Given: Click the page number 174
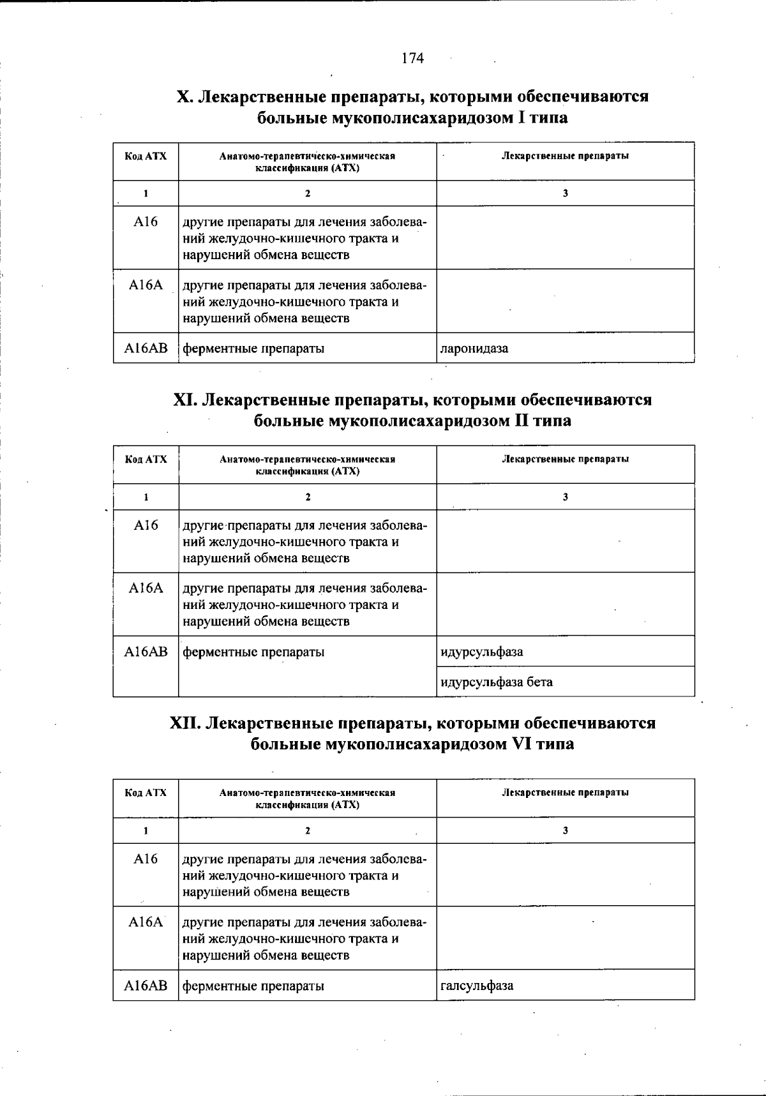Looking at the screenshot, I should (412, 59).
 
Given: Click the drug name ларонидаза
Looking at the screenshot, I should (474, 349).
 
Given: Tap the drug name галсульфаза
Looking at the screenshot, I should (477, 985).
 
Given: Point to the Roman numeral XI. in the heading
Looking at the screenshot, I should (186, 400).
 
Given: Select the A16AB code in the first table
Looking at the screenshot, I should (146, 349).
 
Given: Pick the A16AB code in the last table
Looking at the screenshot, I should (146, 985).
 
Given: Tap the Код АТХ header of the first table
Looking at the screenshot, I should (146, 156).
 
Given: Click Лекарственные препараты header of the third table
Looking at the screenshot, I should (565, 792).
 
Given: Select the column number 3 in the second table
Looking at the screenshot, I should (565, 497).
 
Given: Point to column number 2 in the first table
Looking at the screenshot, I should (307, 193).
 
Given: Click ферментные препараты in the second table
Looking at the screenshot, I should (253, 652).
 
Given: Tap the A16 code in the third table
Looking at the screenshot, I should (146, 859).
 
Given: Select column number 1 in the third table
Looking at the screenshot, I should (146, 830).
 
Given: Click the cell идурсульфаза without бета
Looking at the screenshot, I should (482, 652).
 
